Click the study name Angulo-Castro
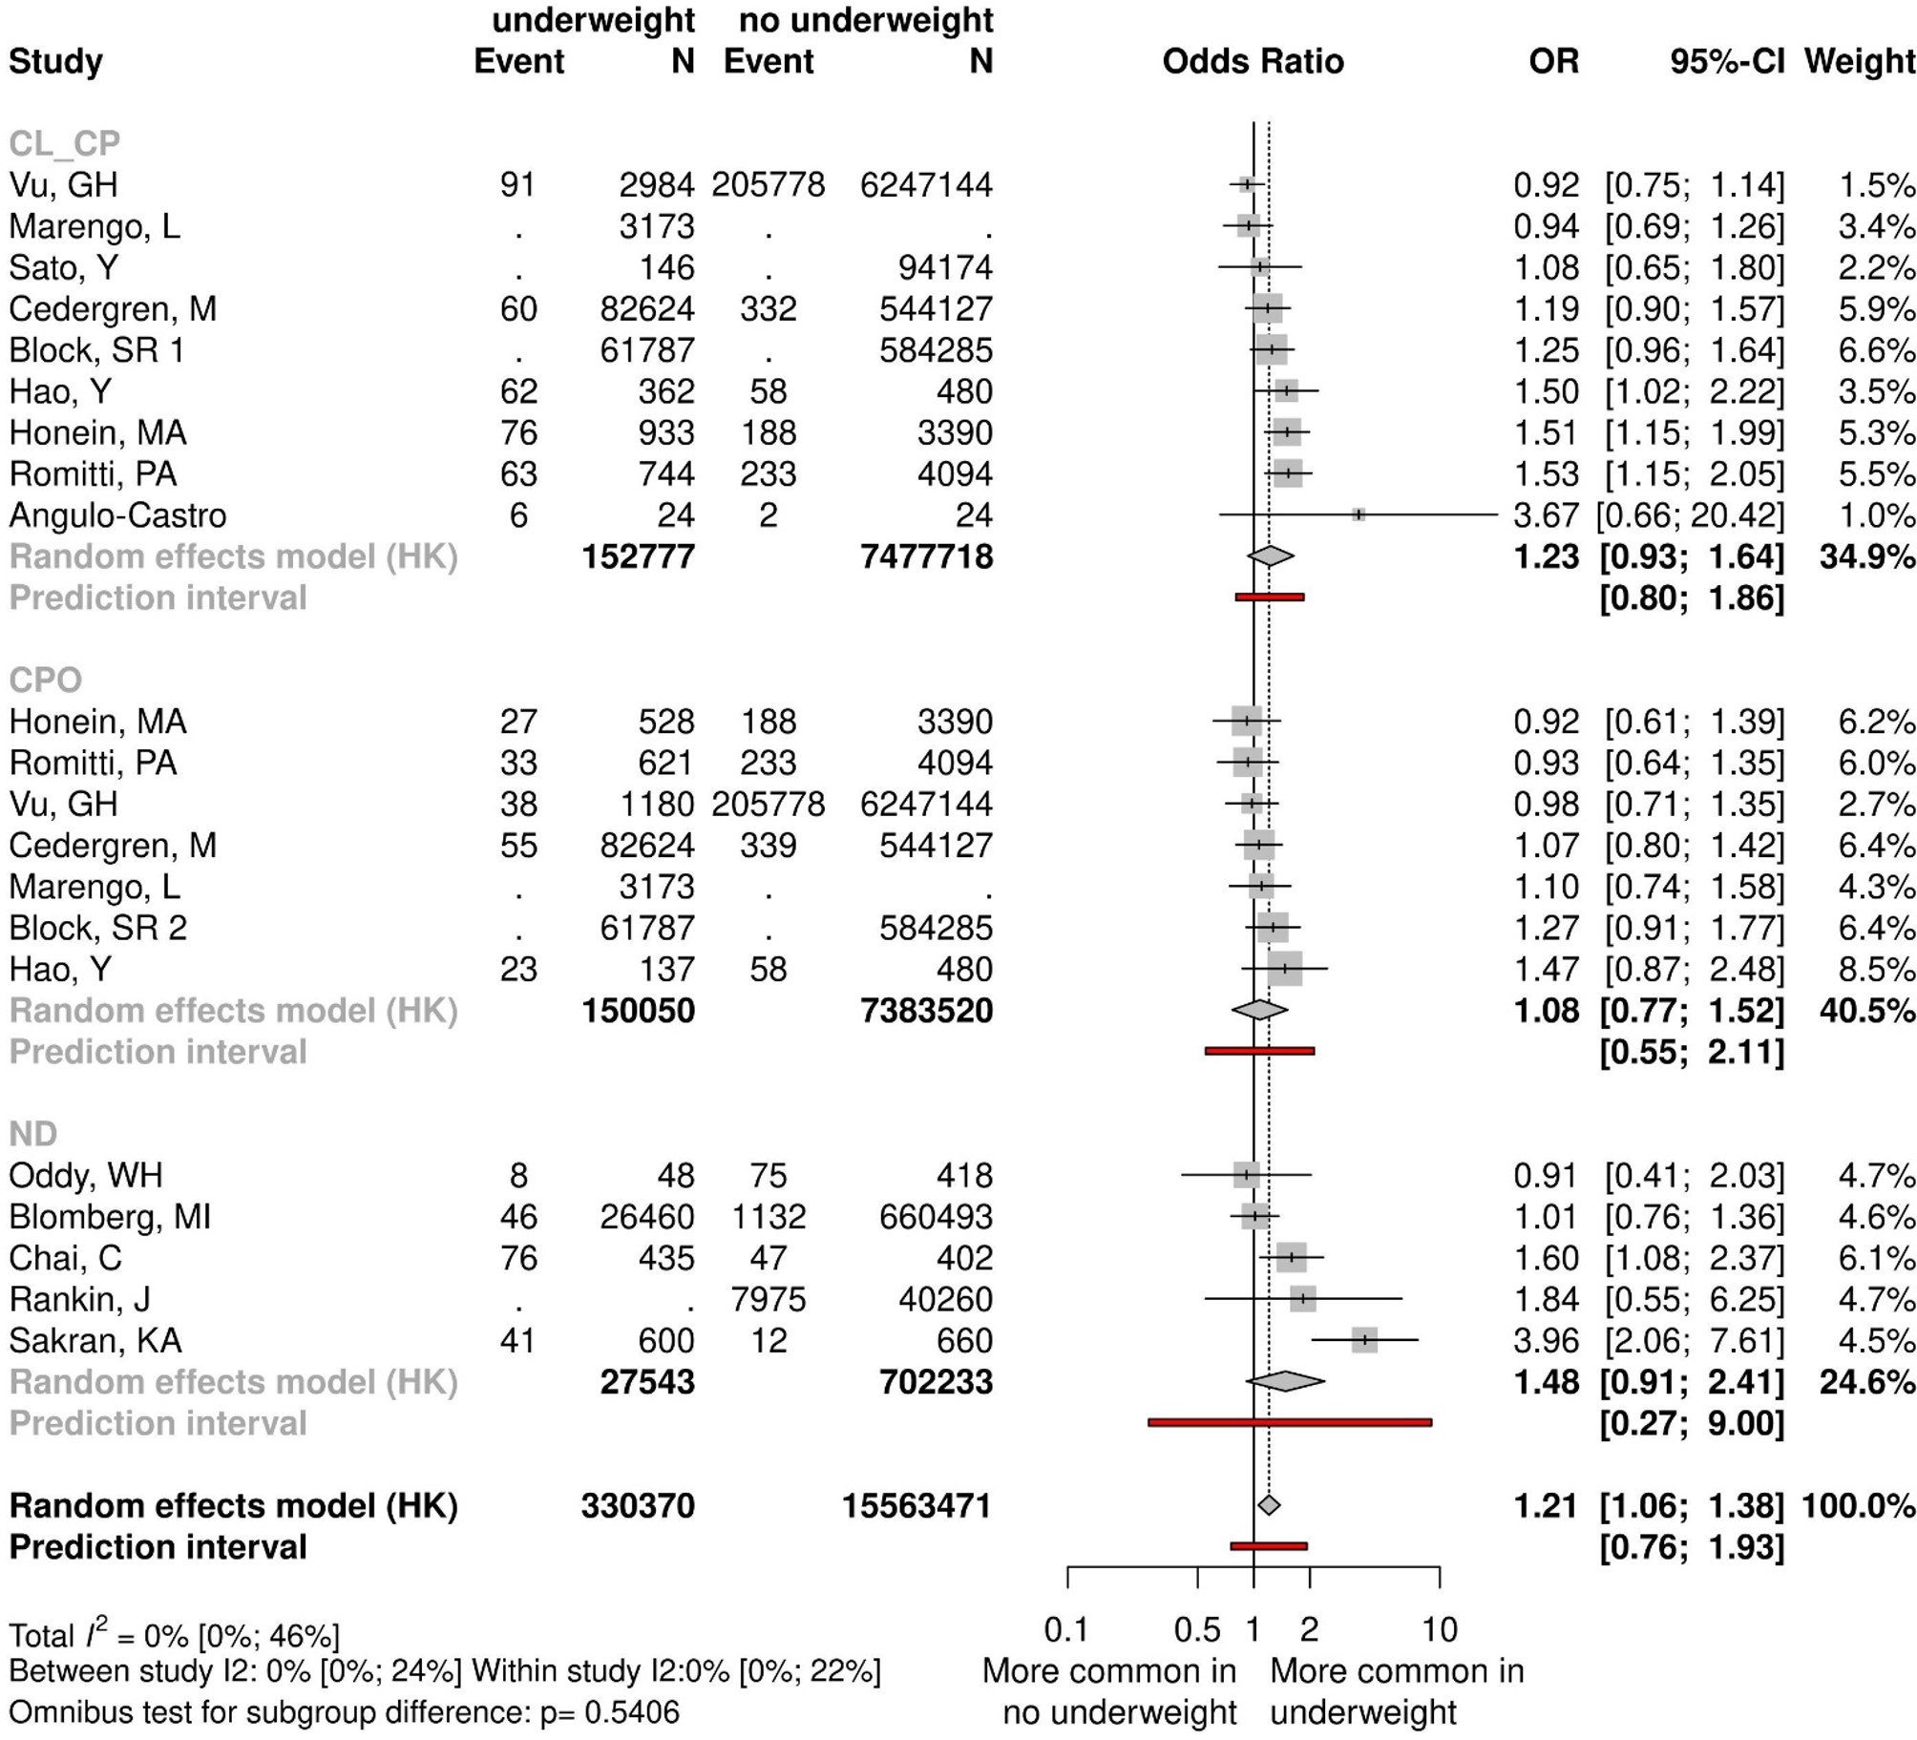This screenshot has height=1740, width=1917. click(x=117, y=515)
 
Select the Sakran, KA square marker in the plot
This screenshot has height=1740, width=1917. click(x=1364, y=1340)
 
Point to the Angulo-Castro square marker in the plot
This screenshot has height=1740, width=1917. click(x=1359, y=515)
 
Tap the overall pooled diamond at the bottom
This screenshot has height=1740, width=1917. click(x=1269, y=1505)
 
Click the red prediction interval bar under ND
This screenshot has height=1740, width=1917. click(x=1289, y=1423)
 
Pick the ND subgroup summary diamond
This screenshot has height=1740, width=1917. click(x=1285, y=1381)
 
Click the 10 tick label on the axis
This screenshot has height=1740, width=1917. click(x=1440, y=1629)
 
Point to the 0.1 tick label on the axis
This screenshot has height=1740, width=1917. click(x=1066, y=1629)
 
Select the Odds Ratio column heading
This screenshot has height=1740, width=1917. click(x=1253, y=61)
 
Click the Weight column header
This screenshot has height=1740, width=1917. click(x=1859, y=61)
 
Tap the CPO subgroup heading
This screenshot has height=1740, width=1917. click(x=46, y=680)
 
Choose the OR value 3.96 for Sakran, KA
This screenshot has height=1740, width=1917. click(x=1546, y=1340)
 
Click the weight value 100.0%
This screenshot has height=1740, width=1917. click(x=1858, y=1505)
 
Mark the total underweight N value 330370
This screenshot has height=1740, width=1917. click(x=638, y=1505)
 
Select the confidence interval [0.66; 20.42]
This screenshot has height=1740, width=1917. click(x=1690, y=515)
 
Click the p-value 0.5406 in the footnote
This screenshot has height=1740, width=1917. click(x=631, y=1711)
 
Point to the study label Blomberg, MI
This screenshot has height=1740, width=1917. click(x=110, y=1216)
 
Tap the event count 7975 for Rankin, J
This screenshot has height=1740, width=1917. click(x=768, y=1299)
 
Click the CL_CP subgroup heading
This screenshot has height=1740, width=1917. click(x=65, y=143)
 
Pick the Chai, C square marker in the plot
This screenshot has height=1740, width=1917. click(x=1292, y=1258)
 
